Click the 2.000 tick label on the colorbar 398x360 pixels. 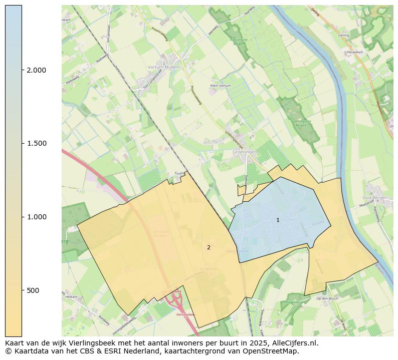(x=37, y=70)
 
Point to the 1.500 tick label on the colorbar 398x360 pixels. (x=37, y=144)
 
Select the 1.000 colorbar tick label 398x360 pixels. (x=37, y=217)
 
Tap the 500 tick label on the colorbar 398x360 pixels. (x=33, y=290)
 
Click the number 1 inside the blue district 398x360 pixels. (x=278, y=220)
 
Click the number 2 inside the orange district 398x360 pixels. (x=209, y=247)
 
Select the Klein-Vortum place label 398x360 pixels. (x=221, y=86)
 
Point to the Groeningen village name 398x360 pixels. (x=245, y=151)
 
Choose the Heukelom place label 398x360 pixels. (x=354, y=52)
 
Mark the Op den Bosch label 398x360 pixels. (x=328, y=298)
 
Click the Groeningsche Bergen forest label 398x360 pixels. (x=298, y=123)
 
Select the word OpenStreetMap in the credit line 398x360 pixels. (x=274, y=351)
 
